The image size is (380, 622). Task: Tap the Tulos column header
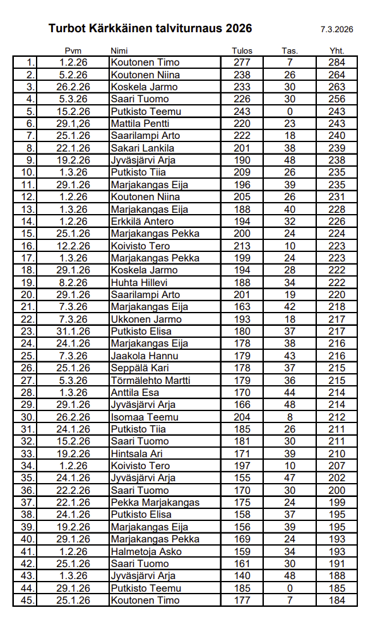click(242, 51)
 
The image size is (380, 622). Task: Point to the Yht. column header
click(336, 51)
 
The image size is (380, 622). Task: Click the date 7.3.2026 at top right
click(336, 29)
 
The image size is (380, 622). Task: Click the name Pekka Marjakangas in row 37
click(155, 503)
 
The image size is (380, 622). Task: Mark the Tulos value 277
click(242, 63)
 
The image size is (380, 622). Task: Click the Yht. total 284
click(336, 63)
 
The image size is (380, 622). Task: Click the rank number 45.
click(28, 600)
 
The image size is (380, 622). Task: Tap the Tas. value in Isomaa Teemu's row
click(290, 417)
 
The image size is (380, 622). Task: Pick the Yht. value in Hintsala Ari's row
click(336, 453)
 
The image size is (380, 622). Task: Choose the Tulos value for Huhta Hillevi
click(242, 282)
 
